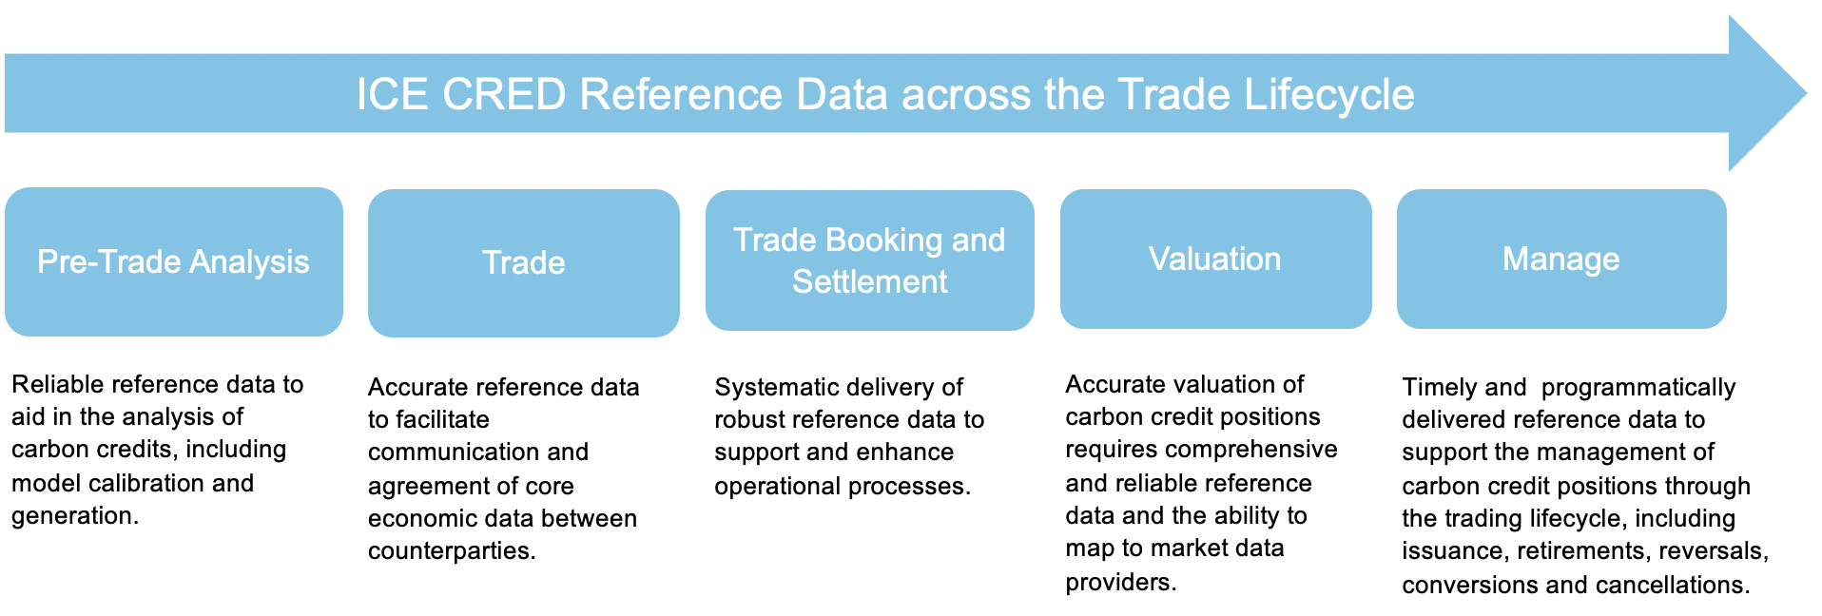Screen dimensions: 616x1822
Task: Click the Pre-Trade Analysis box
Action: [x=173, y=261]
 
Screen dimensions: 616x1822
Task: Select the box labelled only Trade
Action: [x=523, y=262]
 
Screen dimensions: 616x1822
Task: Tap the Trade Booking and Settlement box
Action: [x=869, y=260]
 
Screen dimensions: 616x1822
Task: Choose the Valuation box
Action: [x=1214, y=259]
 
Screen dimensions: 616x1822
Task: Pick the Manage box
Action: [x=1560, y=259]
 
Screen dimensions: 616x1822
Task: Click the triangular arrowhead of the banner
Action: [x=1764, y=93]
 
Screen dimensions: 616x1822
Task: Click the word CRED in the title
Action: [x=504, y=95]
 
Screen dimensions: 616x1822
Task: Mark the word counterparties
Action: [x=451, y=551]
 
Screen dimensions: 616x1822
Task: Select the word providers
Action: [x=1119, y=582]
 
